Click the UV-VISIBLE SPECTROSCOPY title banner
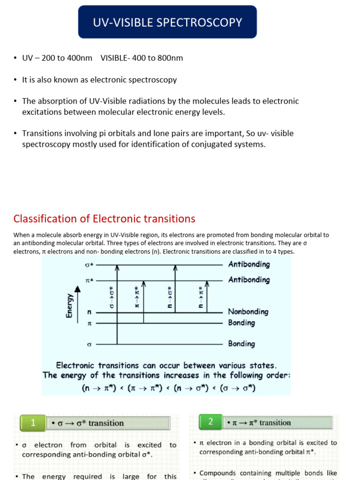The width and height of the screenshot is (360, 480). point(167,22)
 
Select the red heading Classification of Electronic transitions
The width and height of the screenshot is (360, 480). point(104,218)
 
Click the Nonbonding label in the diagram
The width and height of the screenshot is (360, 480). point(248,312)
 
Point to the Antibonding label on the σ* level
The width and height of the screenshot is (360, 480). point(249,264)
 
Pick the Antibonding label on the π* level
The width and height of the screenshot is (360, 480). point(249,280)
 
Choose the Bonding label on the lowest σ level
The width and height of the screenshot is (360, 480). point(241,344)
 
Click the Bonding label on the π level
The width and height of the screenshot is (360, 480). point(241,323)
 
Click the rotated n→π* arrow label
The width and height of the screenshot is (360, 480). point(201,298)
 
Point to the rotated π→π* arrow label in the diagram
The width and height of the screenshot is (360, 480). point(137,298)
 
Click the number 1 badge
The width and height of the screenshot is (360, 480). point(33,423)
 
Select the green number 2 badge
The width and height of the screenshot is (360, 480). point(210,422)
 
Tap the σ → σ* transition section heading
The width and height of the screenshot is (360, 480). point(88,423)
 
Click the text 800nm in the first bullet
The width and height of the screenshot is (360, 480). point(170,58)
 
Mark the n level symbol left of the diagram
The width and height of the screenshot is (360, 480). point(89,312)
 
